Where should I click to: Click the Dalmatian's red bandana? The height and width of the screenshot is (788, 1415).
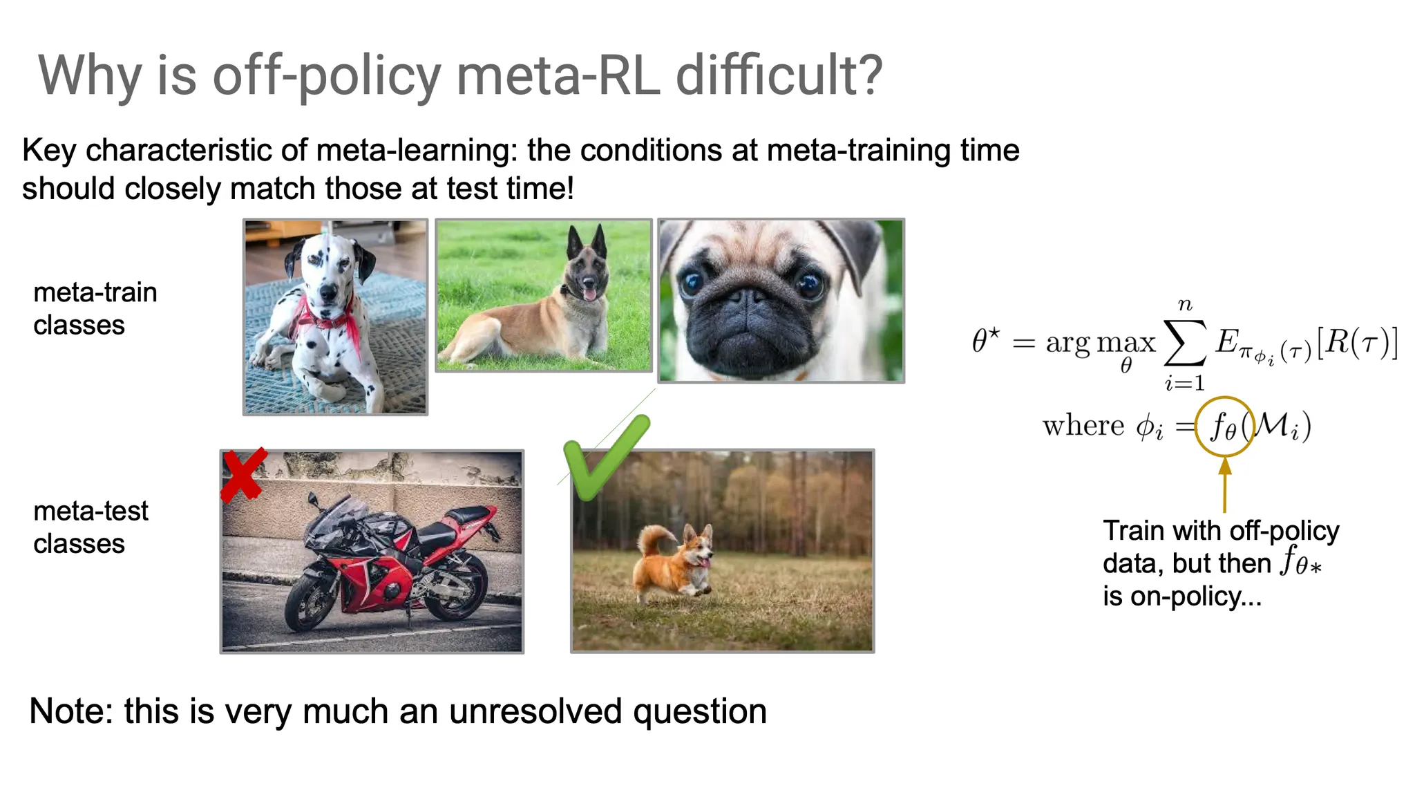pyautogui.click(x=330, y=319)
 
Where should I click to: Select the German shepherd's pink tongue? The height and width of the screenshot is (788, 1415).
pyautogui.click(x=589, y=294)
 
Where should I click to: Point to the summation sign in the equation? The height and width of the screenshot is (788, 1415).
pyautogui.click(x=1184, y=343)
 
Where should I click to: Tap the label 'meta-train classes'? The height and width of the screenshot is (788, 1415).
pyautogui.click(x=95, y=308)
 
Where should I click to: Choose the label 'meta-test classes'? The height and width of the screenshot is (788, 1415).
pyautogui.click(x=91, y=527)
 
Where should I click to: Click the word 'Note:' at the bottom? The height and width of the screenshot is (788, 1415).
pyautogui.click(x=70, y=711)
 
